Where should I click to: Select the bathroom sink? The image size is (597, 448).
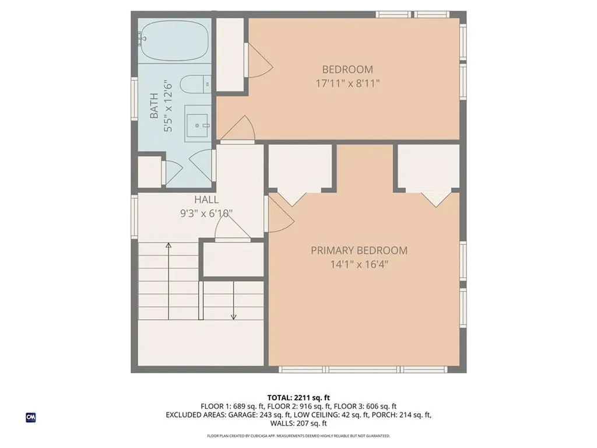[199, 123]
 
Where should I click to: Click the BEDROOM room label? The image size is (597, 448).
[347, 69]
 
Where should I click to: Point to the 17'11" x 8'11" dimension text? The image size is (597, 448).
[347, 83]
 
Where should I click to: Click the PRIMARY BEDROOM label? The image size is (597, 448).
[359, 250]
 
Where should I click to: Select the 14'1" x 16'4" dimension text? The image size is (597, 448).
[359, 264]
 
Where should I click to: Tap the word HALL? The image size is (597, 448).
[207, 200]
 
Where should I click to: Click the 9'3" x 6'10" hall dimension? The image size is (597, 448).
[207, 213]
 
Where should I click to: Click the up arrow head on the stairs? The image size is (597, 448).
[168, 246]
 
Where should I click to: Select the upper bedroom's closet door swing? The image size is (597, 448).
[260, 62]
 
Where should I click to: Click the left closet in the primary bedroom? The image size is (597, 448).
[300, 167]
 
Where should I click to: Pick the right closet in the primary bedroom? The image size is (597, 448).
[432, 167]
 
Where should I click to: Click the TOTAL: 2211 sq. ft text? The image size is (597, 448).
[298, 398]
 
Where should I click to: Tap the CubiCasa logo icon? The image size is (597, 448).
[30, 417]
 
